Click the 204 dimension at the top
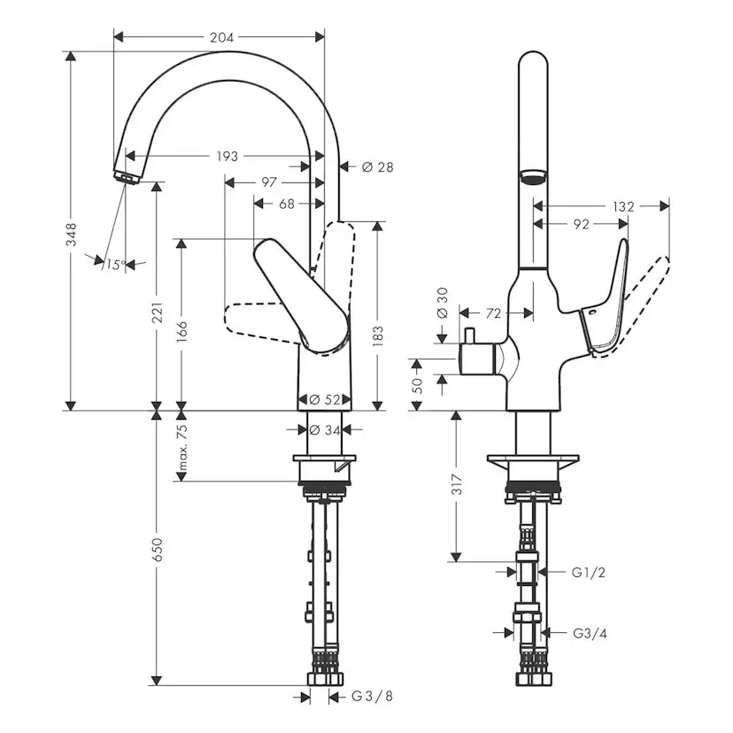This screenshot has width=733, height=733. [x=221, y=37]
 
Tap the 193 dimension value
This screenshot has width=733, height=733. [x=228, y=156]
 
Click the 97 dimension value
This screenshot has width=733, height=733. [x=269, y=181]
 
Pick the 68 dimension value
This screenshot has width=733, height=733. [x=287, y=204]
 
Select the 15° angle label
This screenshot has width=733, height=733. [x=114, y=264]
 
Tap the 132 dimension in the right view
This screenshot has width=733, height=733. [x=623, y=206]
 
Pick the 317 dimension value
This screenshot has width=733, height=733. [x=457, y=485]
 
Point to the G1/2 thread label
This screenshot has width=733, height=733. [x=588, y=573]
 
